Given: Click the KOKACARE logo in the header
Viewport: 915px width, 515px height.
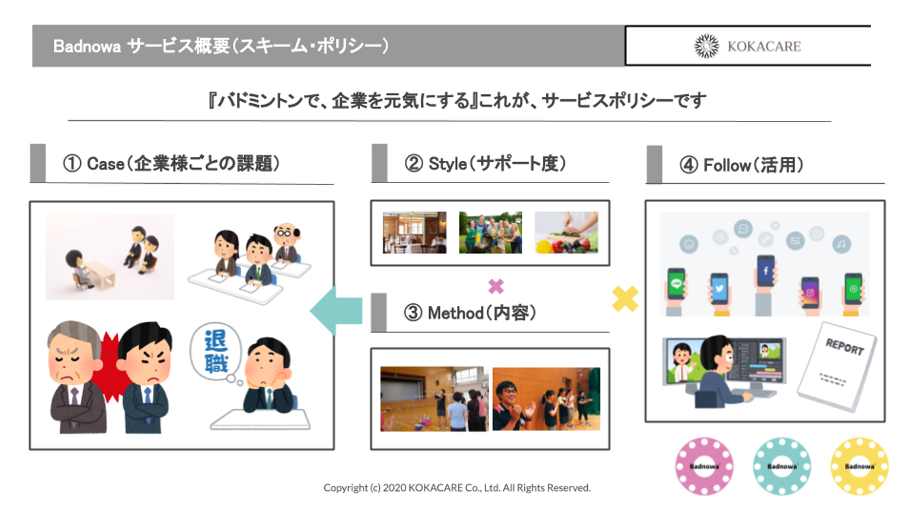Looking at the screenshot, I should tap(747, 46).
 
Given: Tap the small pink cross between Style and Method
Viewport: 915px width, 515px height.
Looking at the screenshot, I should tap(496, 286).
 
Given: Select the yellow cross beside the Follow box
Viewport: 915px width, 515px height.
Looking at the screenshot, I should tap(625, 298).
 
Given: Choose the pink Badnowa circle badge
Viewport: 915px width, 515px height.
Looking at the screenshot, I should tap(703, 466).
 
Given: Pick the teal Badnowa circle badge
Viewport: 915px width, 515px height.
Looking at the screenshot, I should tap(782, 466).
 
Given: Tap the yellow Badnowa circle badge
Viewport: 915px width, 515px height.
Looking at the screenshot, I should tap(859, 466).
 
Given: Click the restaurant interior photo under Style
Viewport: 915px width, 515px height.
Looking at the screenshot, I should tap(414, 233).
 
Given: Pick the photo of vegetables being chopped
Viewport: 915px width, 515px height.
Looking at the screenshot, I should tap(566, 233).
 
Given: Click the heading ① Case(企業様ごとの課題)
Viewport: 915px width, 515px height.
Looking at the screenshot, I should tap(171, 164).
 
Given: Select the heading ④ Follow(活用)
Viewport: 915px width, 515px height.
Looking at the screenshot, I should tap(742, 165).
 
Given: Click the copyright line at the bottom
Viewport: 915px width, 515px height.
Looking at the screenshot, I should tap(457, 488).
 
